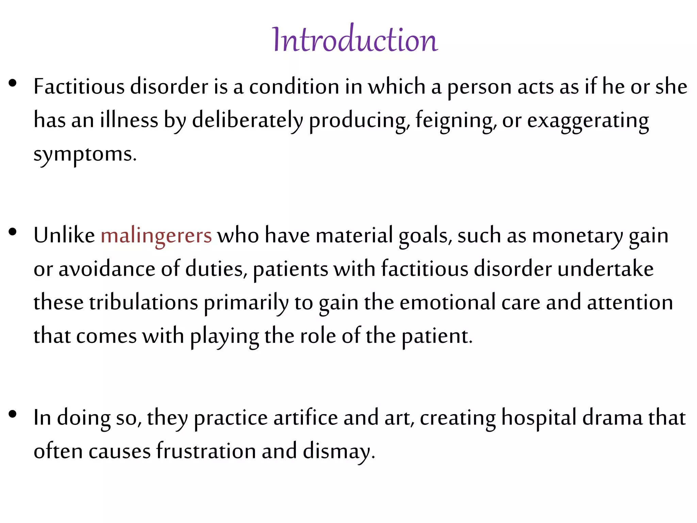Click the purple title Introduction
tap(355, 40)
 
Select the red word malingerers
tap(156, 236)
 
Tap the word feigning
tap(454, 121)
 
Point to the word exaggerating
tap(588, 121)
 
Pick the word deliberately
tap(247, 121)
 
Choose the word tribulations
tap(144, 303)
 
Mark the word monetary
tap(577, 236)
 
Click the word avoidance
tap(107, 269)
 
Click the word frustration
tap(206, 451)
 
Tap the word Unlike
tap(64, 236)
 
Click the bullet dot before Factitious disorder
tap(13, 83)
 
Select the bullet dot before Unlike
tap(13, 232)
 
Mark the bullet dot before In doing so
tap(13, 414)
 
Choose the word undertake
tap(605, 269)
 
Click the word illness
tap(129, 120)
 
